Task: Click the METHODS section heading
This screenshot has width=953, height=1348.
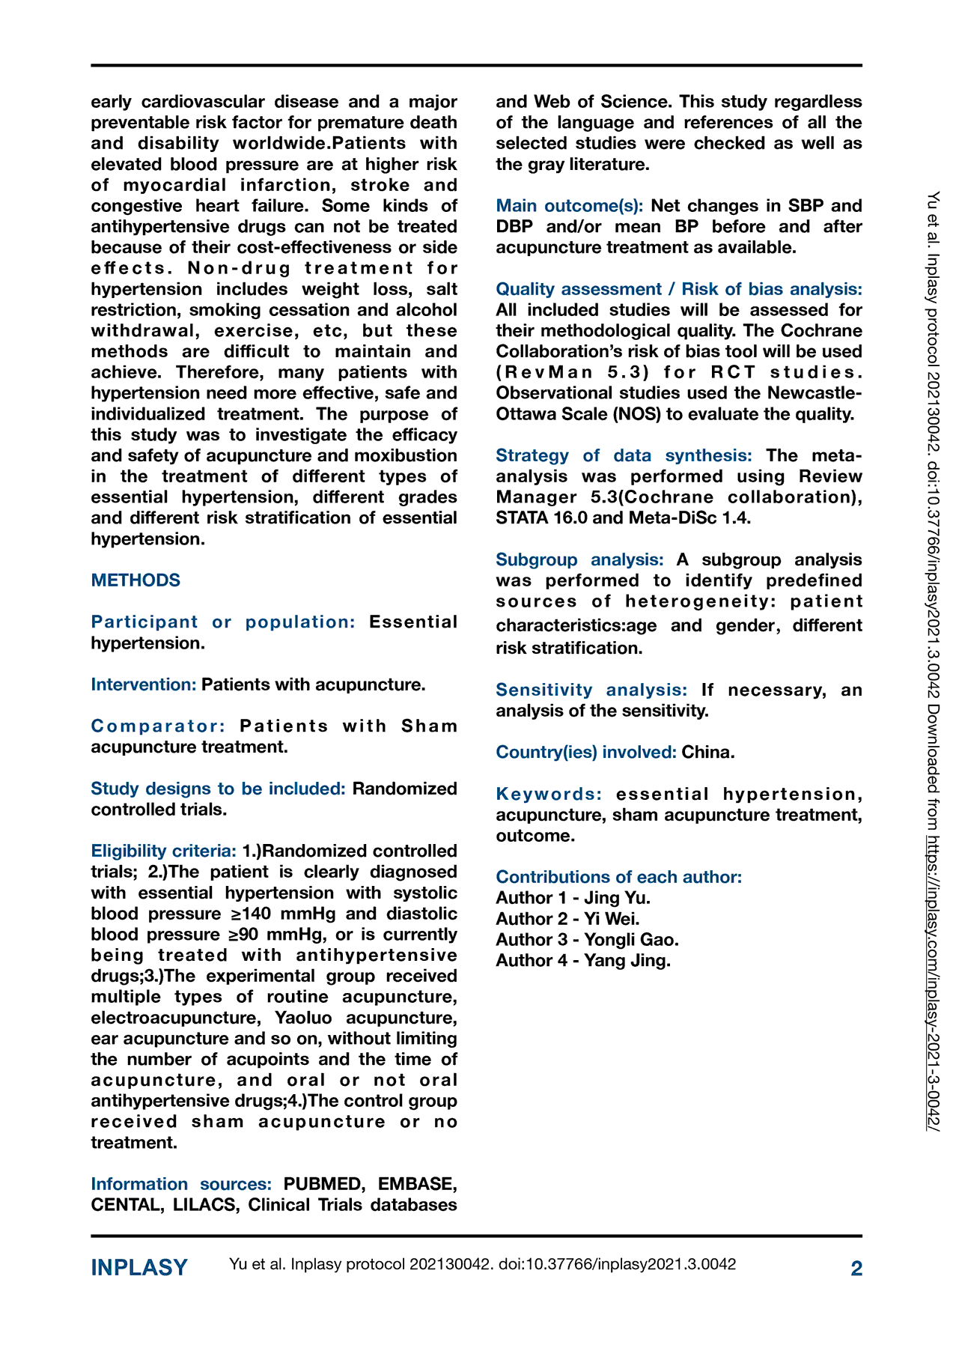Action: point(136,580)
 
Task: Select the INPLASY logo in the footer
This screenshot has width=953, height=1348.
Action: point(139,1267)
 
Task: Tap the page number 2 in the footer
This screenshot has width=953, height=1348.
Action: point(856,1268)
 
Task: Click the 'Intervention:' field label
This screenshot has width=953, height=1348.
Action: point(144,684)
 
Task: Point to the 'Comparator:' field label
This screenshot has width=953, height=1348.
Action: point(158,726)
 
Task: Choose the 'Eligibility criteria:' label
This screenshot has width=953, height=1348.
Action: point(163,851)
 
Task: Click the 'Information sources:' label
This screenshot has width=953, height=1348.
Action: point(180,1184)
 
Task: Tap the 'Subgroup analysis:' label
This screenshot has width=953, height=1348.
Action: point(579,559)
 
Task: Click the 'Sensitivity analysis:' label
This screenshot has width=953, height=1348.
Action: point(591,690)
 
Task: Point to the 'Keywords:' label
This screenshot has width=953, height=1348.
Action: point(549,794)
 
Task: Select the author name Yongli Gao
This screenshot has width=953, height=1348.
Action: point(631,940)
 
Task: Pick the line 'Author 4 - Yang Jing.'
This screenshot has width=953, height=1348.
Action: point(583,961)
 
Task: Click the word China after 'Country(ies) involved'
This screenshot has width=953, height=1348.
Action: point(707,753)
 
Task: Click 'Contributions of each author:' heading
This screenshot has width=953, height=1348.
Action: point(618,877)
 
